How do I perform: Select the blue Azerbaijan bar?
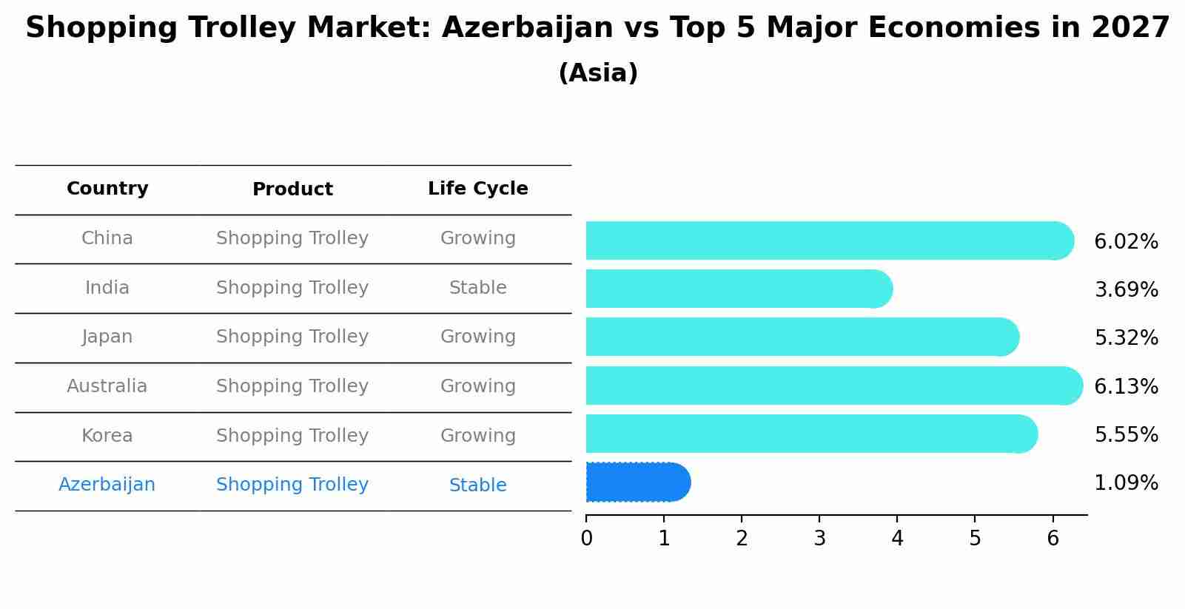tap(637, 482)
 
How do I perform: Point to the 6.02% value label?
tap(1126, 242)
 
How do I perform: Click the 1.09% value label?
tap(1126, 483)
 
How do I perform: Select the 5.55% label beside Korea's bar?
tap(1126, 435)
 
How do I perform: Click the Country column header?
tap(107, 189)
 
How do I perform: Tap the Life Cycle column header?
tap(477, 189)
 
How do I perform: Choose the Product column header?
tap(292, 189)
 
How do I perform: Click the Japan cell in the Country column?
tap(107, 337)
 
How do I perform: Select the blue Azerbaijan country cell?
tap(107, 485)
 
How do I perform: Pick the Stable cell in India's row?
tap(477, 288)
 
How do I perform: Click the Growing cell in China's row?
tap(477, 238)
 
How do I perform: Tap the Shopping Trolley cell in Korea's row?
tap(292, 436)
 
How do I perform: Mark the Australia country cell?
tap(107, 386)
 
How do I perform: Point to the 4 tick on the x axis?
tap(897, 539)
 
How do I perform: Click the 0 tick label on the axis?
tap(586, 539)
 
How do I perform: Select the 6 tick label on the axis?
tap(1053, 539)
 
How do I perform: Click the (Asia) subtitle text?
tap(598, 73)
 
